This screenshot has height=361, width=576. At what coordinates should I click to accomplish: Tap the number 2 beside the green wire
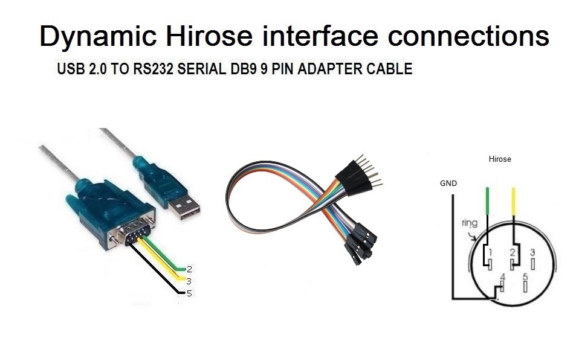coord(189,269)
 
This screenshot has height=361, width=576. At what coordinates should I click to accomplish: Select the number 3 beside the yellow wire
coord(189,281)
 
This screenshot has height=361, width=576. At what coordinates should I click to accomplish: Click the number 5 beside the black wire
coord(189,293)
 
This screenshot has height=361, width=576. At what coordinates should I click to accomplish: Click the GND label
coord(448,182)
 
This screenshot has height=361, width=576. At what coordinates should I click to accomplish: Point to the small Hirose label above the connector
coord(499,159)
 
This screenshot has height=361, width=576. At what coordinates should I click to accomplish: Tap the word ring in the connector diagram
coord(469,223)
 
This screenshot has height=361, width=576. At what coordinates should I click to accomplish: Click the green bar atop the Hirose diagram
coord(488,203)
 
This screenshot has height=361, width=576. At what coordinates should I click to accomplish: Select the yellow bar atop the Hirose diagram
coord(514,203)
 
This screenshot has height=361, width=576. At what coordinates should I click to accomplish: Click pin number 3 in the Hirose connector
coord(532,252)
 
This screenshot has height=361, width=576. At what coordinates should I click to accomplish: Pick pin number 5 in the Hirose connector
coord(525,276)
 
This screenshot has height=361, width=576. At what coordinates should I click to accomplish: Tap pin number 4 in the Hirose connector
coord(502,278)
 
